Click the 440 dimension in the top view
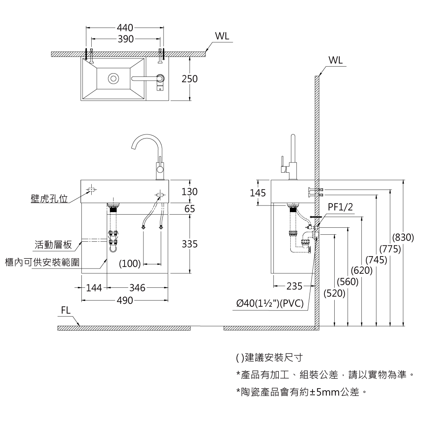pyautogui.click(x=125, y=28)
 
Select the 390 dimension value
pyautogui.click(x=125, y=39)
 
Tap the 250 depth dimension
pyautogui.click(x=190, y=79)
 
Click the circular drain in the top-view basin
pyautogui.click(x=113, y=78)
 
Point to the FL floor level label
pyautogui.click(x=66, y=311)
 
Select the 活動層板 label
pyautogui.click(x=53, y=245)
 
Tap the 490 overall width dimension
pyautogui.click(x=125, y=301)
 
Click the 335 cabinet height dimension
pyautogui.click(x=190, y=245)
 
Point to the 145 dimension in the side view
pyautogui.click(x=258, y=193)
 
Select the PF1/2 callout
pyautogui.click(x=340, y=207)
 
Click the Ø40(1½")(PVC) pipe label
pyautogui.click(x=270, y=304)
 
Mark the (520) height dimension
pyautogui.click(x=335, y=294)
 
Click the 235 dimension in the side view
pyautogui.click(x=294, y=286)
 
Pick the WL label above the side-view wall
pyautogui.click(x=335, y=60)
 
